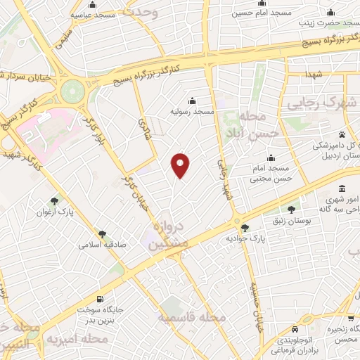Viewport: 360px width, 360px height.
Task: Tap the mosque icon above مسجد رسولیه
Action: [x=192, y=101]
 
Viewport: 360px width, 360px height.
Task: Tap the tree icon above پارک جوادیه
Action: [x=245, y=228]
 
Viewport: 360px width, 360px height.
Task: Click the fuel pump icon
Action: [x=103, y=298]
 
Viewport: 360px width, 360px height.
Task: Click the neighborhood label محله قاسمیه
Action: [x=190, y=319]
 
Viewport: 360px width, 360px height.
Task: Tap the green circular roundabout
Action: [x=72, y=91]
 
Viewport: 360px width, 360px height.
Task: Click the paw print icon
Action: [x=342, y=134]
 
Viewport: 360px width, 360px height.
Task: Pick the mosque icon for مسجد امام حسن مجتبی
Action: [x=270, y=158]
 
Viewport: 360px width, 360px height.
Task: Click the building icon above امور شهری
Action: [x=342, y=188]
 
